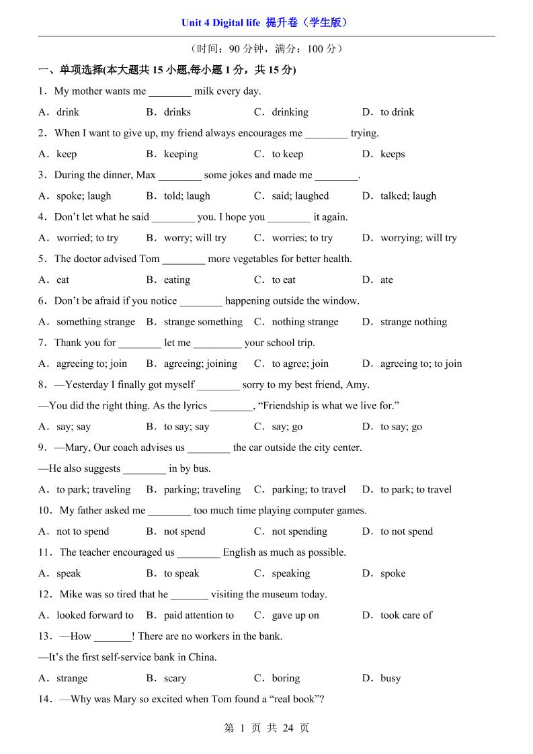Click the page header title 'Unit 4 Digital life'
(x=220, y=23)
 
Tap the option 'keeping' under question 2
(x=181, y=154)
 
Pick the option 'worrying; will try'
(x=418, y=238)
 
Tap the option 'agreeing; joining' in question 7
(x=200, y=364)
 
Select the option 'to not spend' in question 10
(x=407, y=532)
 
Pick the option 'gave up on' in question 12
(x=295, y=615)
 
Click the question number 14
(x=44, y=699)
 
